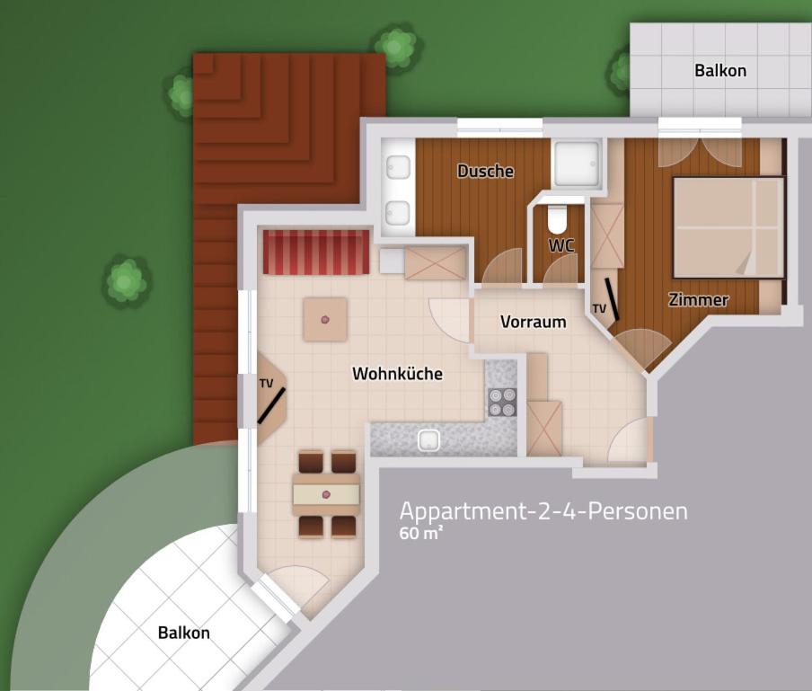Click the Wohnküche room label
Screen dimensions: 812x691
(x=397, y=374)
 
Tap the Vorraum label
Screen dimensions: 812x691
(x=533, y=322)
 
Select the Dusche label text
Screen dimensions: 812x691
(x=485, y=171)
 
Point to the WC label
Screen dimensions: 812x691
(x=561, y=245)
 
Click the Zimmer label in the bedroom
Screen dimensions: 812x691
(x=698, y=299)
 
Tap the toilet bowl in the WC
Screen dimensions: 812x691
(x=557, y=219)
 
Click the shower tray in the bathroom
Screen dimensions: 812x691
(x=577, y=163)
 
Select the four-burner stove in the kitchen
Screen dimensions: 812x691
(x=502, y=402)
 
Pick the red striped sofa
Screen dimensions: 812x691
(x=316, y=252)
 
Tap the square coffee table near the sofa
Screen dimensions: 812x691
(x=325, y=319)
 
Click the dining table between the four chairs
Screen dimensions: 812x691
(x=326, y=495)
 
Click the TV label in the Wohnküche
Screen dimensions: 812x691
(x=266, y=384)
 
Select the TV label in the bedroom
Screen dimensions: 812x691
(x=599, y=309)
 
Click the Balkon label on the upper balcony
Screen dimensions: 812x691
(x=720, y=70)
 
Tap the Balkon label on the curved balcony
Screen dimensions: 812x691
(x=184, y=633)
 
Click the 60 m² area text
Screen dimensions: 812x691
(x=421, y=533)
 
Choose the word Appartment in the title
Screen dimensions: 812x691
(x=462, y=512)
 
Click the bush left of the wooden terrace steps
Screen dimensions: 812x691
(x=181, y=95)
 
